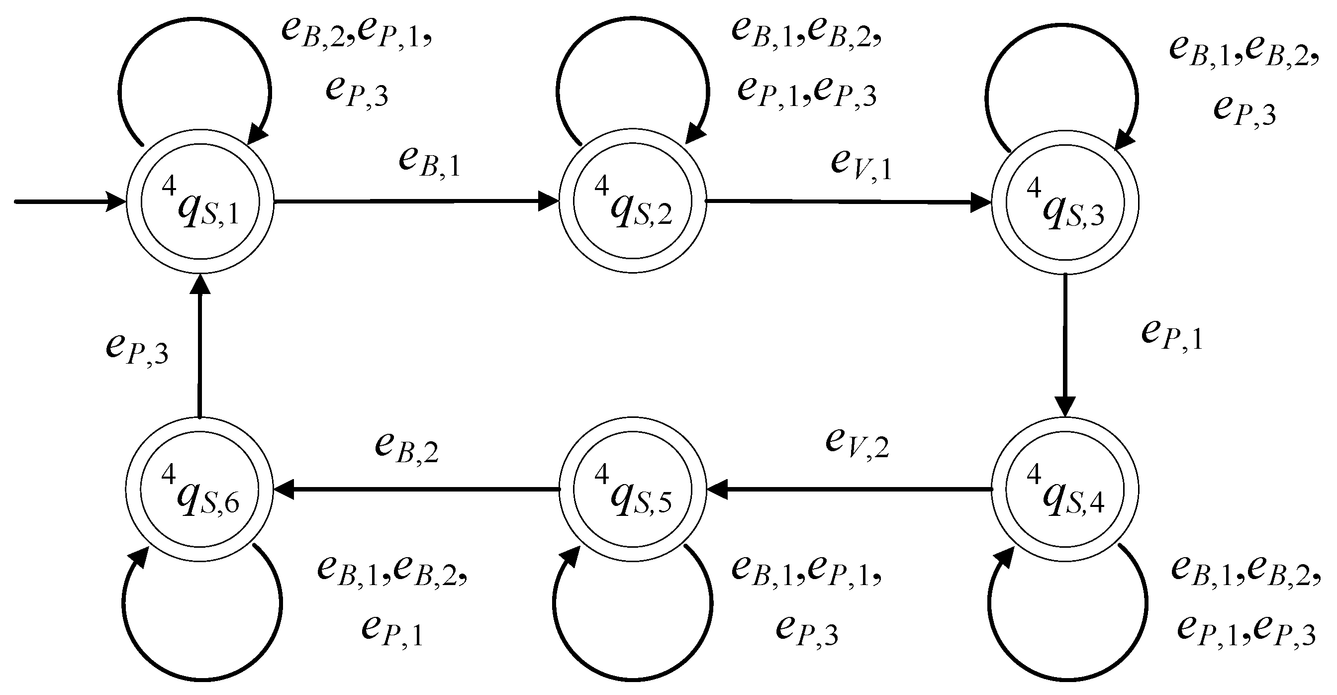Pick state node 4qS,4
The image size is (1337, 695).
1065,489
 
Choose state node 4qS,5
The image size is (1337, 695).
633,489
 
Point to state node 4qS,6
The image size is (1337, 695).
200,489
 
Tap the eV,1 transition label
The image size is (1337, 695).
861,163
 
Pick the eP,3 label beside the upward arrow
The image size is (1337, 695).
137,348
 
